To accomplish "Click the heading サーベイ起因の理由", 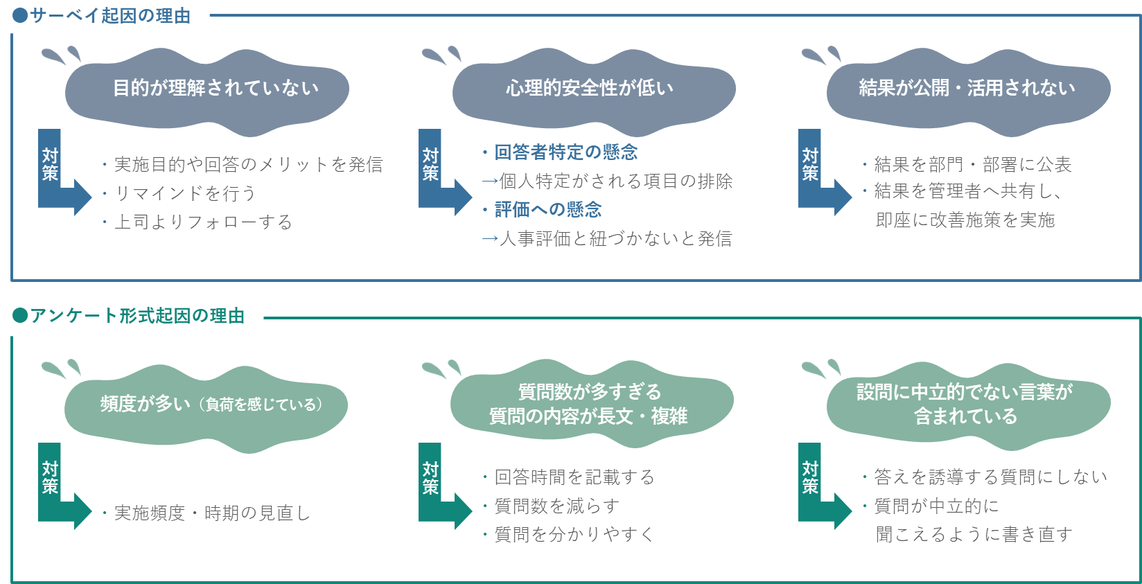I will pyautogui.click(x=109, y=15).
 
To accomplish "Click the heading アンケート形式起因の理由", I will pyautogui.click(x=137, y=316).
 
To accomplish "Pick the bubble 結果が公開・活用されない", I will pyautogui.click(x=967, y=89).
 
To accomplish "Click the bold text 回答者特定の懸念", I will pyautogui.click(x=565, y=152).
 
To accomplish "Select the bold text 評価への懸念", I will pyautogui.click(x=547, y=209).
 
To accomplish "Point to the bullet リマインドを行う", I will pyautogui.click(x=184, y=193).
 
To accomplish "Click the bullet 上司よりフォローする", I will pyautogui.click(x=202, y=222).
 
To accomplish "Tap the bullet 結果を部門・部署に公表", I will pyautogui.click(x=972, y=164).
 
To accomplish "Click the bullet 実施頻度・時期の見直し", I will pyautogui.click(x=211, y=513).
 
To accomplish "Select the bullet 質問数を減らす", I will pyautogui.click(x=556, y=506).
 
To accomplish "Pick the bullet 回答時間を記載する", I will pyautogui.click(x=574, y=477).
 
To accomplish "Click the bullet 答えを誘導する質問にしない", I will pyautogui.click(x=990, y=477).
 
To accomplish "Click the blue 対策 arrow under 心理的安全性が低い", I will pyautogui.click(x=441, y=173).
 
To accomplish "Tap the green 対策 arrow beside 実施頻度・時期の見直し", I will pyautogui.click(x=61, y=488).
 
